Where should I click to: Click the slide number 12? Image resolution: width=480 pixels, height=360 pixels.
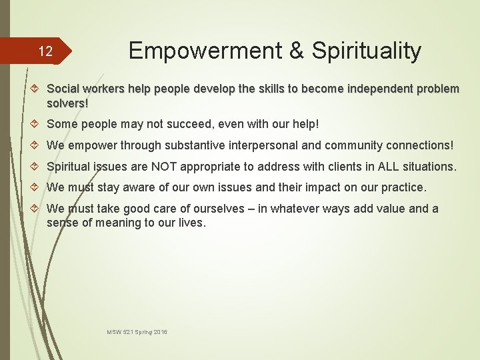[x=45, y=51]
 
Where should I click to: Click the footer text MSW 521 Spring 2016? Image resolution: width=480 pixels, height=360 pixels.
[x=137, y=331]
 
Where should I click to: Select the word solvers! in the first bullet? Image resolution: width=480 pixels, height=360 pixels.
[x=67, y=103]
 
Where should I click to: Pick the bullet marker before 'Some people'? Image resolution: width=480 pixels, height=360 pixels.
[x=37, y=124]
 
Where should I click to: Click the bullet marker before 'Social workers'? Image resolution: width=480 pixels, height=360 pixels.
[x=37, y=89]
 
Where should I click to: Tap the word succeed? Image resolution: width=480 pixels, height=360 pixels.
[x=191, y=123]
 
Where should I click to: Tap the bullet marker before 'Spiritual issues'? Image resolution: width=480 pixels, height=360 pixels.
[x=37, y=167]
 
